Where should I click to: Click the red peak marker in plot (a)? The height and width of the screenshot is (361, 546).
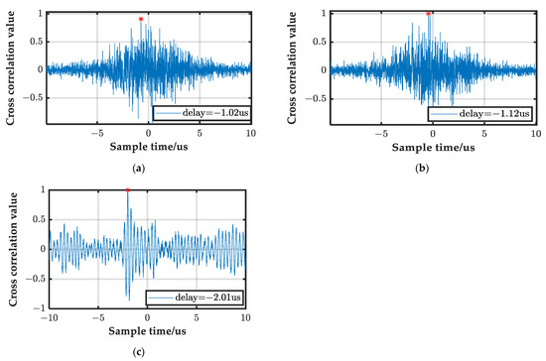pyautogui.click(x=141, y=19)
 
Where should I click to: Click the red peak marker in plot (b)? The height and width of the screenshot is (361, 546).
pyautogui.click(x=428, y=13)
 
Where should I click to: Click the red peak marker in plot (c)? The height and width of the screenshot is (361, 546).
pyautogui.click(x=128, y=189)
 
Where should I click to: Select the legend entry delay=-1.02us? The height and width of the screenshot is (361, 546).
pyautogui.click(x=205, y=115)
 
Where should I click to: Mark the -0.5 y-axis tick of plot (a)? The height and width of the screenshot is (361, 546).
pyautogui.click(x=36, y=98)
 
